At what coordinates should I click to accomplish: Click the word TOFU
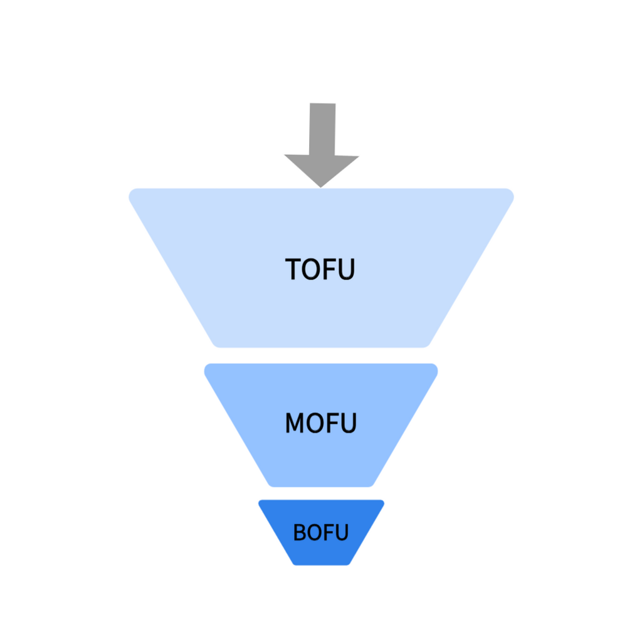(x=320, y=269)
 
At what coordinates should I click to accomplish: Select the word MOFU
(x=320, y=423)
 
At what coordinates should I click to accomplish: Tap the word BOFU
(x=321, y=532)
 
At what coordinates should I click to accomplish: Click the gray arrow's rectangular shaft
(x=322, y=129)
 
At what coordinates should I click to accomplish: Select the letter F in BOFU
(x=330, y=532)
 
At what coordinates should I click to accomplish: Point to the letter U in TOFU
(x=346, y=269)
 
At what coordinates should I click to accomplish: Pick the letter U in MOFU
(x=348, y=423)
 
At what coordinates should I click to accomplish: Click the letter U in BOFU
(x=342, y=532)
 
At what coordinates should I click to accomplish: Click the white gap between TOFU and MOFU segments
(x=321, y=355)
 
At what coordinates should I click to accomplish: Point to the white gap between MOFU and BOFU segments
(x=321, y=493)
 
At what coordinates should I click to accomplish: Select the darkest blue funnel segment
(x=321, y=532)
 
